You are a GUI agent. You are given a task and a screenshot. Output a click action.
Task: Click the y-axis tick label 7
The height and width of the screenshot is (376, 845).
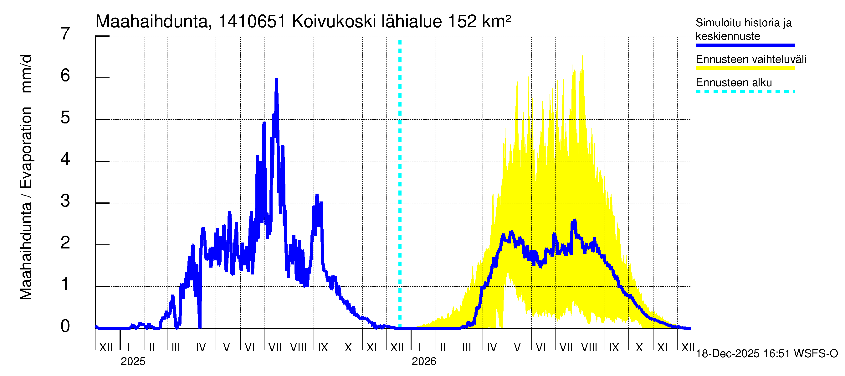65,34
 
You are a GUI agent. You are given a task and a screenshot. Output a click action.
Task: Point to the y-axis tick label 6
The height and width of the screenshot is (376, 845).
65,76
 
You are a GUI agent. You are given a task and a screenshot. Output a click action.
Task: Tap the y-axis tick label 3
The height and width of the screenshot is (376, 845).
65,201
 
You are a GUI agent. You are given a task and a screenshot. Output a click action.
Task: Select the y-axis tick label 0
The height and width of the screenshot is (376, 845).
65,326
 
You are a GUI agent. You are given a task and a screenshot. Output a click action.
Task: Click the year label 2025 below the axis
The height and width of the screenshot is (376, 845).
133,362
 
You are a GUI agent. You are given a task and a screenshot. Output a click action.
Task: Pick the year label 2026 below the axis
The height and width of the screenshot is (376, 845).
424,362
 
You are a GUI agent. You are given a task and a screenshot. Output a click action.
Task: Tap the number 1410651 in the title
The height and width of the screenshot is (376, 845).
252,22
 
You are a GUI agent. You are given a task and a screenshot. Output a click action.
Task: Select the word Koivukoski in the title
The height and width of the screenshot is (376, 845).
334,22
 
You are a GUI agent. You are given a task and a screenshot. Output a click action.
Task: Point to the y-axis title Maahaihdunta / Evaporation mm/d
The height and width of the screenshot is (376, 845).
26,177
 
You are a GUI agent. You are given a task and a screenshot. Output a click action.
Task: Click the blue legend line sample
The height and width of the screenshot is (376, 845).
745,45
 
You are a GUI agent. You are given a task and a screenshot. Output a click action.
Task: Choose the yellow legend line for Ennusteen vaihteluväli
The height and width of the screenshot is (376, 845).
745,68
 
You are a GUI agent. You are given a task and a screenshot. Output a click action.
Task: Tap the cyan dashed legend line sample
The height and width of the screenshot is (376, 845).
745,91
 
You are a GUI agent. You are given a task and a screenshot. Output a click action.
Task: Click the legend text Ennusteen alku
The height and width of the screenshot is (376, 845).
734,82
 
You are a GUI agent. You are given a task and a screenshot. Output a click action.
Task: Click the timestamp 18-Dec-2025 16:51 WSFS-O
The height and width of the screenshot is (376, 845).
766,354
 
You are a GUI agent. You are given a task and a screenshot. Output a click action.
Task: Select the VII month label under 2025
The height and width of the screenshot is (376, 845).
275,347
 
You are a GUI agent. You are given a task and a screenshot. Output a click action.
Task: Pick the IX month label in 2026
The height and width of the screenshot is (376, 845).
614,347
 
